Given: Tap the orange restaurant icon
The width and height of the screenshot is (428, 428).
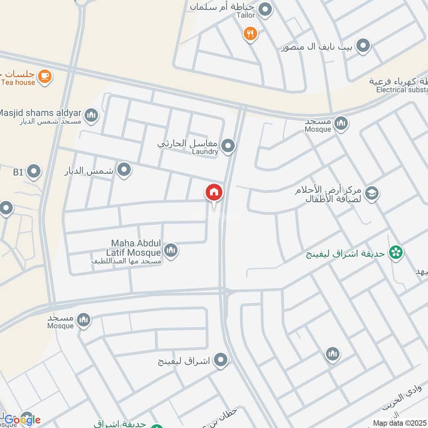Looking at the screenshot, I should coord(250,34).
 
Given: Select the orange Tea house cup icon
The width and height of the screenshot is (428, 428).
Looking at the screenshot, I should coord(45,76).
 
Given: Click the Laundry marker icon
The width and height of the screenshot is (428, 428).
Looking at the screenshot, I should coord(228,146).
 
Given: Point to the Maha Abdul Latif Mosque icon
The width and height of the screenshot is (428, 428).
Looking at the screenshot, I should coord(171,250).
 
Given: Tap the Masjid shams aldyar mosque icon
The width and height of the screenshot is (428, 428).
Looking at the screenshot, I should coord(91,115).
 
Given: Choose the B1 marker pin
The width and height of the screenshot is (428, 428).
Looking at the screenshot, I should coord(34,172).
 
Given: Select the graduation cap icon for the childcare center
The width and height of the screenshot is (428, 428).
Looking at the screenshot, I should coord(372,194).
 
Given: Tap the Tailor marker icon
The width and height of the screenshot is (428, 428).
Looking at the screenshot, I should coord(265,10).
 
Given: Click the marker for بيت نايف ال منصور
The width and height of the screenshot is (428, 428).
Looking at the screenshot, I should coord(363,47).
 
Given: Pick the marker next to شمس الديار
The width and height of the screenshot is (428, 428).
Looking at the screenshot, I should coord(124,170).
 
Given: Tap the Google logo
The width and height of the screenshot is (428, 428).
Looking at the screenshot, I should coord(22,419).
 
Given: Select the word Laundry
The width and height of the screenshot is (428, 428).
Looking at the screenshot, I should coord(205,152).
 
